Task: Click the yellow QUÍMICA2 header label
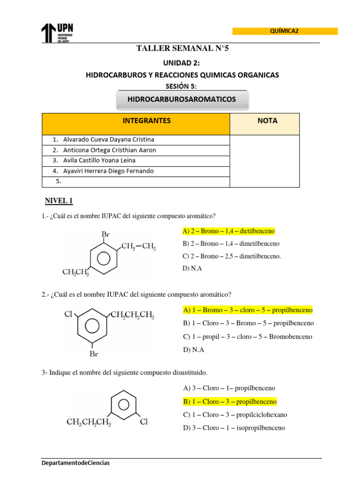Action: tap(285, 31)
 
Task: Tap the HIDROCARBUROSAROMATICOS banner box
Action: tap(182, 99)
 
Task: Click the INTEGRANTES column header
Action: tap(147, 121)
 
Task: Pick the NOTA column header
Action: tap(267, 121)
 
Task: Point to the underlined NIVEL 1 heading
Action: tap(59, 201)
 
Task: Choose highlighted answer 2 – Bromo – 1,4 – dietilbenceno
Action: tap(229, 231)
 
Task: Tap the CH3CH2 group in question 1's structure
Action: tap(75, 272)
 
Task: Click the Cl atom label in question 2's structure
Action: tap(68, 315)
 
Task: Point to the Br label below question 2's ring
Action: tap(94, 354)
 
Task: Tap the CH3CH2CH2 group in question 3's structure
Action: tap(89, 422)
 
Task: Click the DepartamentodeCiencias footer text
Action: tap(75, 463)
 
